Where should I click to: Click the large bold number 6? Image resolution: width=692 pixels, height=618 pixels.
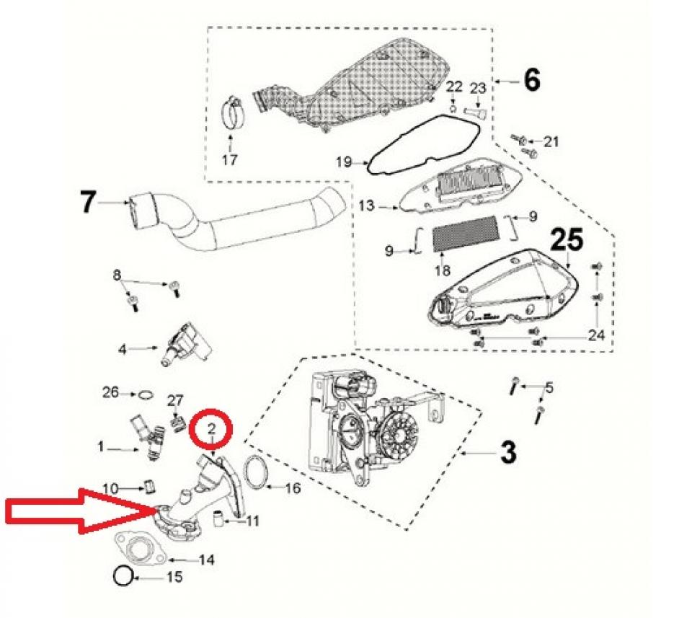click(x=531, y=80)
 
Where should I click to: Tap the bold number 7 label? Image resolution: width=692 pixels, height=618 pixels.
click(x=87, y=203)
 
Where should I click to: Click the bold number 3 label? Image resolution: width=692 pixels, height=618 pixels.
click(x=507, y=452)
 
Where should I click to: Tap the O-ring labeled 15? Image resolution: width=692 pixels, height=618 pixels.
click(x=124, y=576)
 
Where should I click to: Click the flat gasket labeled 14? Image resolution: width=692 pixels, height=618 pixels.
click(x=141, y=548)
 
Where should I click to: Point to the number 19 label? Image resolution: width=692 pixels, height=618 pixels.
click(x=344, y=162)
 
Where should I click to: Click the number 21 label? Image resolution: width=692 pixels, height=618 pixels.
click(x=551, y=142)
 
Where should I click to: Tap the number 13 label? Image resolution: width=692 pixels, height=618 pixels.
click(x=367, y=207)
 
